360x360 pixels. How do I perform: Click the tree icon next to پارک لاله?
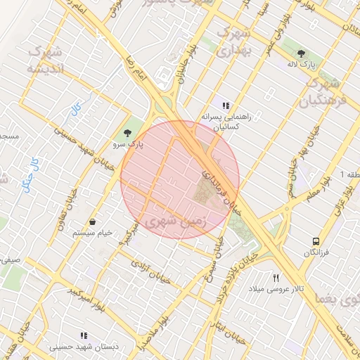point(302,53)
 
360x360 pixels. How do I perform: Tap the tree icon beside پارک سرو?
point(127,132)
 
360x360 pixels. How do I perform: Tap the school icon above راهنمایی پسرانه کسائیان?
point(226,105)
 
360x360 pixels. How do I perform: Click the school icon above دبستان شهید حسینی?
point(84,335)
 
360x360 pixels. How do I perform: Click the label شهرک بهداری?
point(231,42)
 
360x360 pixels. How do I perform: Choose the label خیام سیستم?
point(93,233)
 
